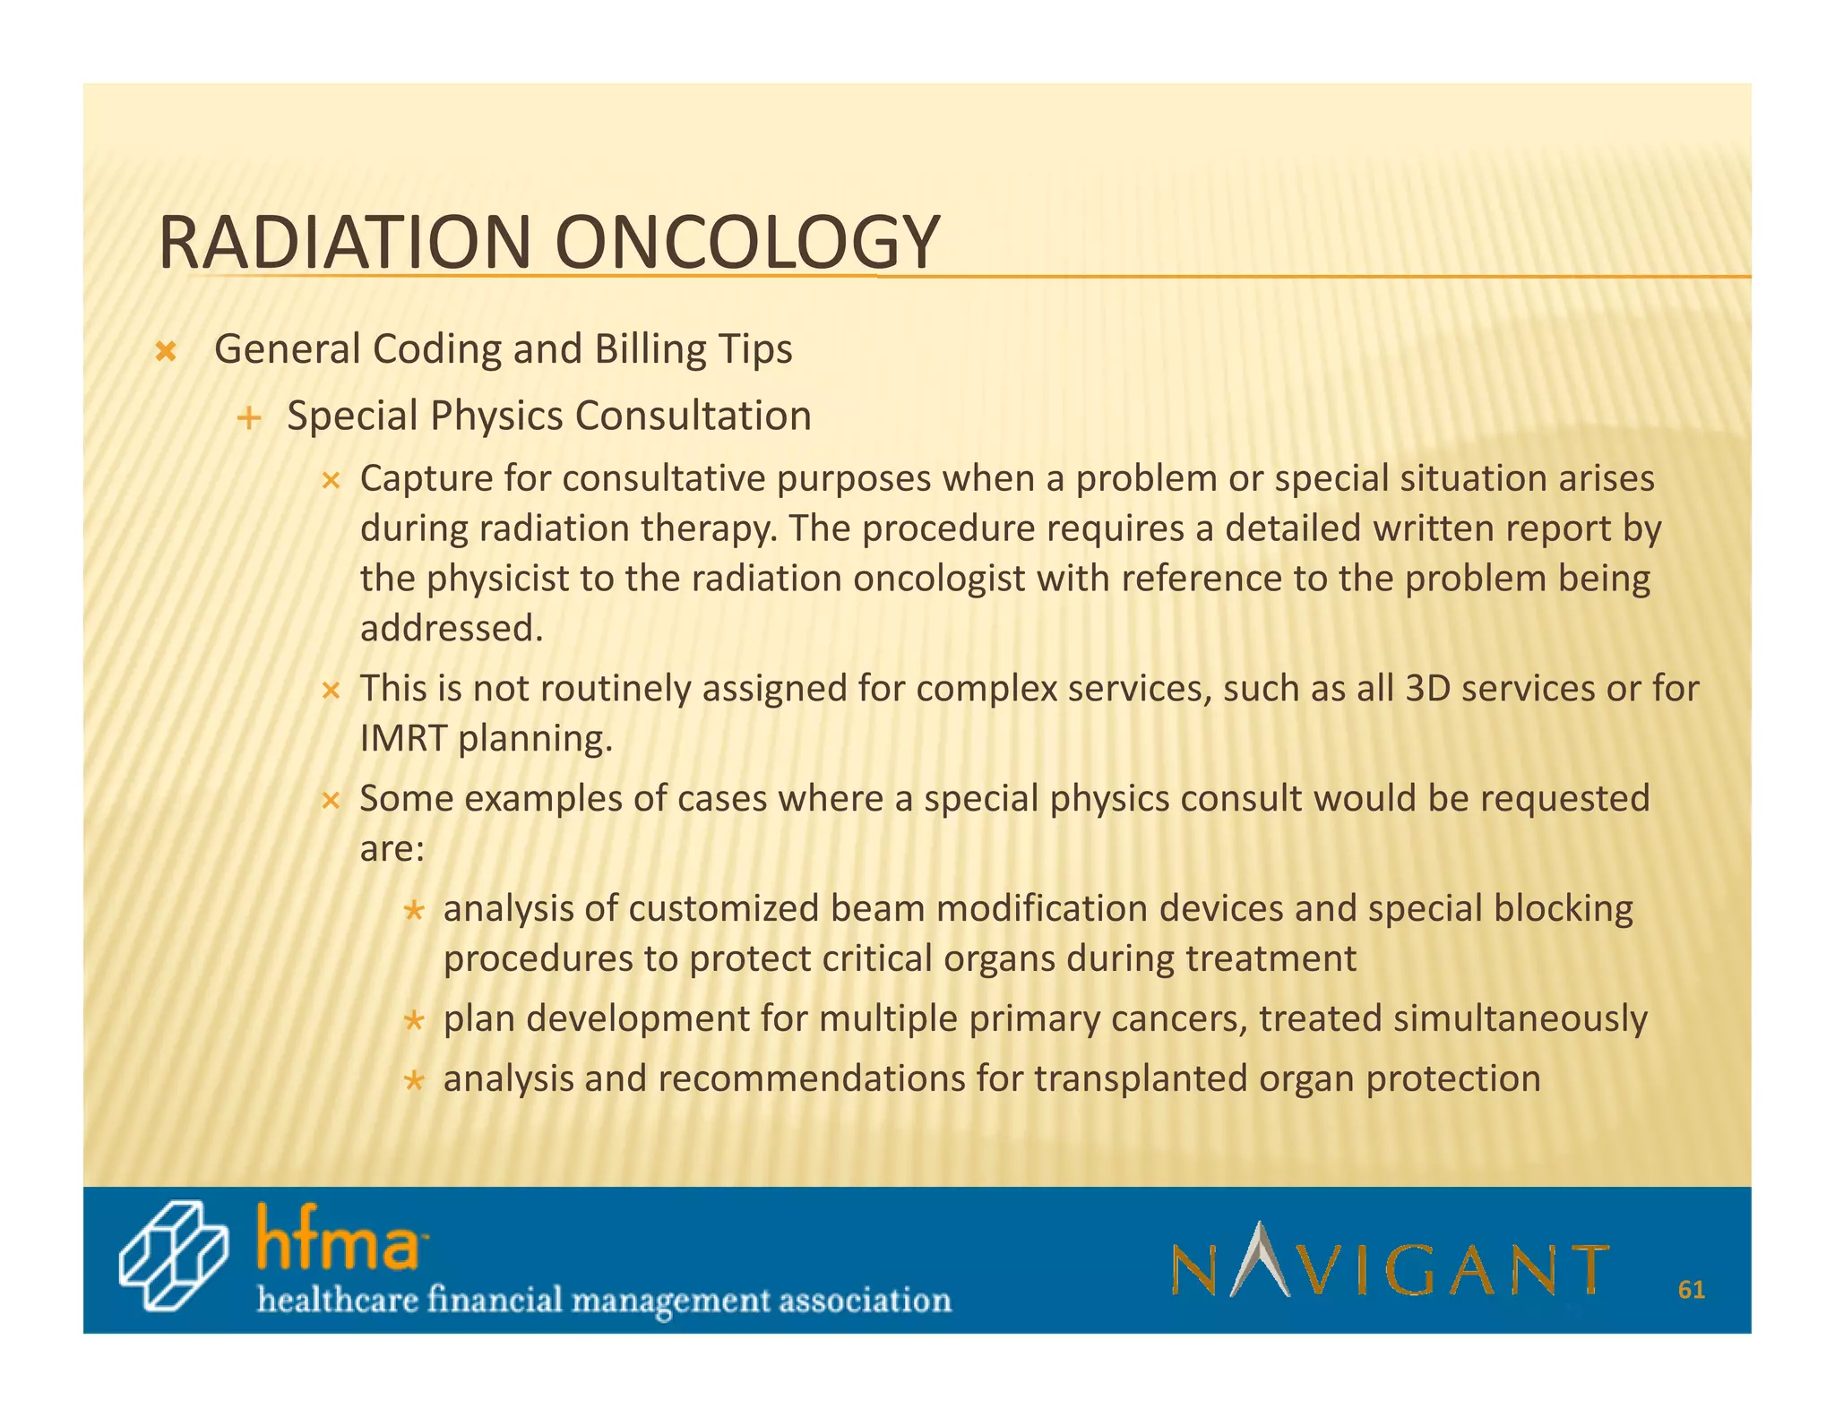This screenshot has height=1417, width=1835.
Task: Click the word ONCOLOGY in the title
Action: (x=747, y=243)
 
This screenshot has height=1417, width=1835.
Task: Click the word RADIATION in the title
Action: (x=345, y=243)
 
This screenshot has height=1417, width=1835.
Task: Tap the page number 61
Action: (x=1691, y=1290)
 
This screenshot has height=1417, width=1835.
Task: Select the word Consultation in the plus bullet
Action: (x=693, y=416)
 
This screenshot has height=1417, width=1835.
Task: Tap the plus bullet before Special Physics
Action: (x=249, y=417)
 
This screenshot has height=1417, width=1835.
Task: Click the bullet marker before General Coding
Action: (x=165, y=351)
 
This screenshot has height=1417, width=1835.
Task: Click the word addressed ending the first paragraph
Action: (x=451, y=629)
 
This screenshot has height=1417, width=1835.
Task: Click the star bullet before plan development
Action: (x=413, y=1021)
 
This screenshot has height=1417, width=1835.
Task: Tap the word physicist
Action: (x=497, y=579)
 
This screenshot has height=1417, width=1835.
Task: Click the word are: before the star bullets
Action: (x=392, y=848)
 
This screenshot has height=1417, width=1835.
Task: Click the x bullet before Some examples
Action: (x=331, y=800)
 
